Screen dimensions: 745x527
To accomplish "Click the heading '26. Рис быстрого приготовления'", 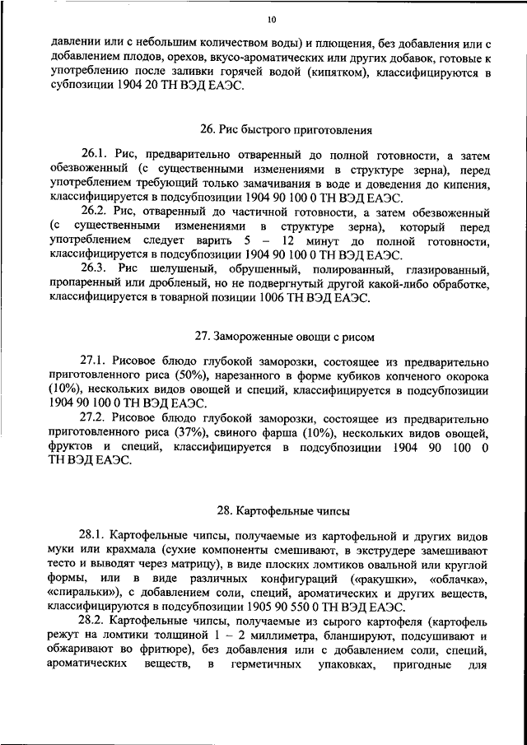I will [286, 130].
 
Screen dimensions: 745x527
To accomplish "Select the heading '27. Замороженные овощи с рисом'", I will [284, 337].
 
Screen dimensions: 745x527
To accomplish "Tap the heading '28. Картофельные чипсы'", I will [284, 510].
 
